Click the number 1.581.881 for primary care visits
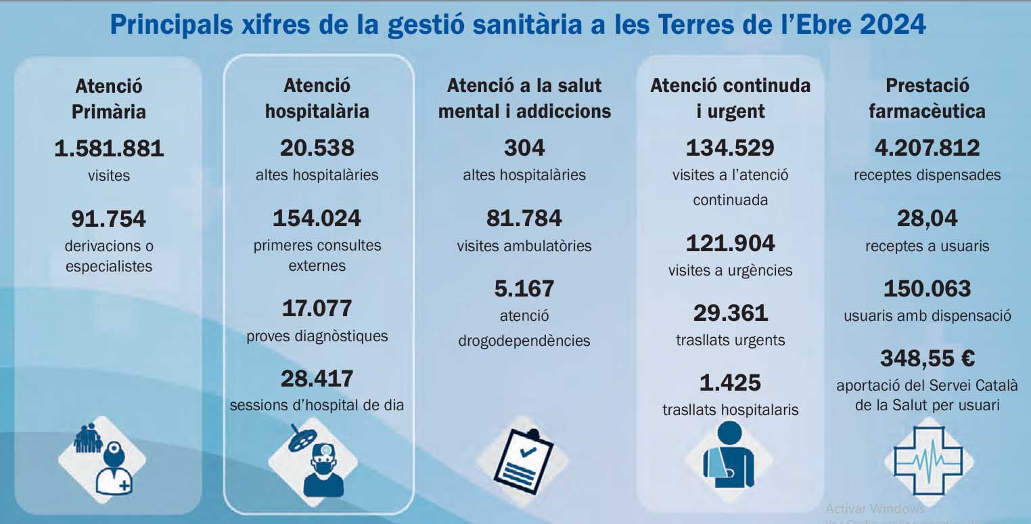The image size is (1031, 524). [109, 148]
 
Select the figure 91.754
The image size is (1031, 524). [109, 219]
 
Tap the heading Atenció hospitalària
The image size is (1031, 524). [317, 98]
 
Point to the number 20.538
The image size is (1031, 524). [317, 148]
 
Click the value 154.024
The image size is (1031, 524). [317, 218]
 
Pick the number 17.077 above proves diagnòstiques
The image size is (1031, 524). [317, 309]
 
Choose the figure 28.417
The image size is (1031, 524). [317, 378]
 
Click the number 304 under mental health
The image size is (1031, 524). [524, 148]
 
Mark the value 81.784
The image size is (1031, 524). [524, 218]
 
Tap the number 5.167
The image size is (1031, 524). [524, 288]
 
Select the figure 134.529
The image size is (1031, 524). [730, 148]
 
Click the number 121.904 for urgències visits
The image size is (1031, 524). [730, 243]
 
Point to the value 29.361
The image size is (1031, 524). [730, 313]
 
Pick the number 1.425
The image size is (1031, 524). [730, 383]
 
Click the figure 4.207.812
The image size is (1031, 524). [927, 148]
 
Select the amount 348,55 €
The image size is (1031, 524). [927, 358]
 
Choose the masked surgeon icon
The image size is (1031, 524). [318, 460]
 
